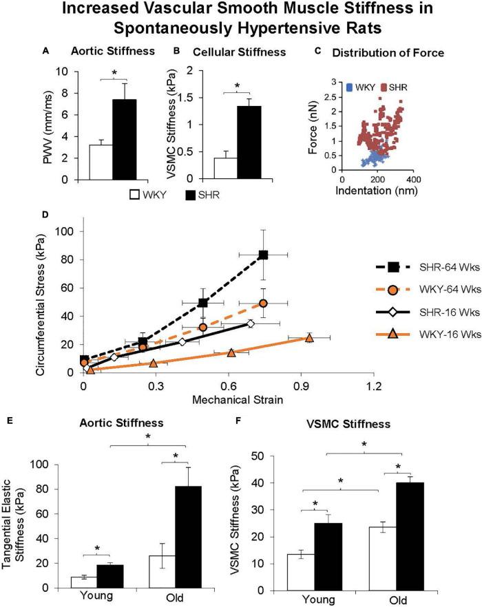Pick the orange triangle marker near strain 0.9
[309, 338]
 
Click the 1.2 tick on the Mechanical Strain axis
[373, 386]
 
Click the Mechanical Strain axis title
[227, 398]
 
